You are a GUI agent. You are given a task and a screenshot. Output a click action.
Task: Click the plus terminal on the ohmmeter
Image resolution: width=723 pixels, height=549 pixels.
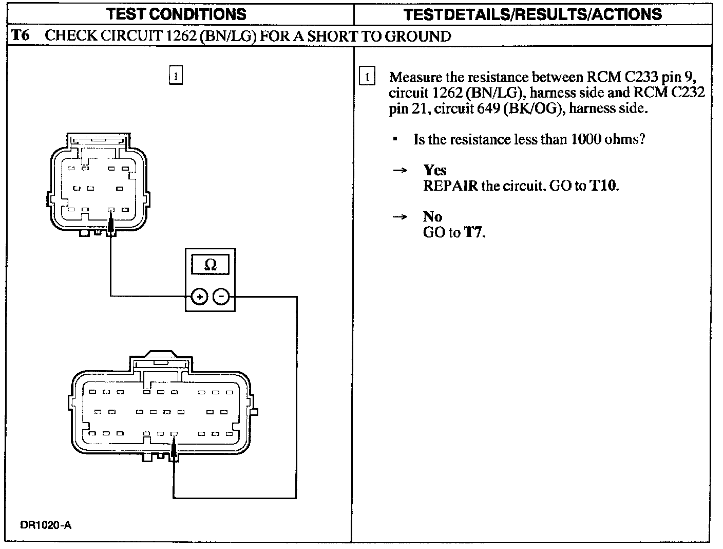[199, 297]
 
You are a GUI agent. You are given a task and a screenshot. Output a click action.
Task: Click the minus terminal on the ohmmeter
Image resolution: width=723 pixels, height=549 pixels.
[221, 297]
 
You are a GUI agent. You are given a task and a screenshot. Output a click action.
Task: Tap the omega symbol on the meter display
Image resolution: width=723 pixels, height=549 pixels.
[210, 265]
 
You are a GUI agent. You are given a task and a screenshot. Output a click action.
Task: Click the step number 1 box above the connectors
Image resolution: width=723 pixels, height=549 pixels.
[176, 76]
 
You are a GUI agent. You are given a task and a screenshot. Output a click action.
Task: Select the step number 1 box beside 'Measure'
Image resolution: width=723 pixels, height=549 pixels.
[368, 77]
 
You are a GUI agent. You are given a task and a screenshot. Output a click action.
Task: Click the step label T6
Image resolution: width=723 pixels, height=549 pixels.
[21, 36]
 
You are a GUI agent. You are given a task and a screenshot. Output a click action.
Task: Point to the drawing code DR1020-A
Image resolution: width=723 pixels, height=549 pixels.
[46, 525]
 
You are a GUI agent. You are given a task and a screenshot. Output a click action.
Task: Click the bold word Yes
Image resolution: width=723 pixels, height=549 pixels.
[435, 170]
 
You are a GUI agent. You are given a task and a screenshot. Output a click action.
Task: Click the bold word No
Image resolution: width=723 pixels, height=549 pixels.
[433, 216]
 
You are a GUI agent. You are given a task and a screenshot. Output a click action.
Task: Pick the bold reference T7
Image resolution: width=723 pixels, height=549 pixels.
[474, 232]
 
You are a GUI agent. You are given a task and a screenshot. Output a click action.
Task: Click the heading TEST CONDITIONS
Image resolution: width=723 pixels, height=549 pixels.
[177, 14]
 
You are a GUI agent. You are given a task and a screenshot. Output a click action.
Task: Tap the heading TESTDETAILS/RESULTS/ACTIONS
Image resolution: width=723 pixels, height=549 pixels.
[532, 14]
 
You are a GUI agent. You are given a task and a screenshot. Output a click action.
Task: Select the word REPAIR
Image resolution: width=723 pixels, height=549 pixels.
[450, 186]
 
